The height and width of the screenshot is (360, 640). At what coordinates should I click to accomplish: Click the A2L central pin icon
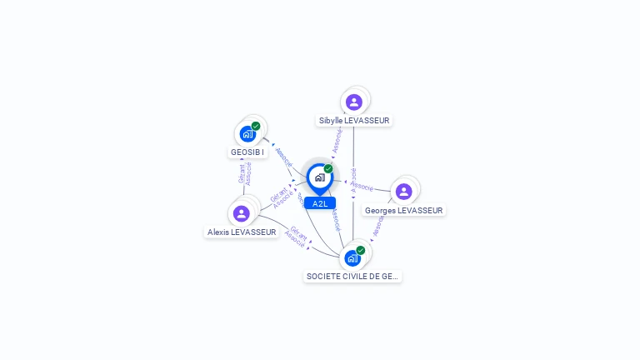click(319, 177)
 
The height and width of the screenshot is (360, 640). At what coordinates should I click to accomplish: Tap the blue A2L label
click(320, 203)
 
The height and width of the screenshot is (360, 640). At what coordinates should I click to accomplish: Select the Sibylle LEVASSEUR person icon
click(354, 102)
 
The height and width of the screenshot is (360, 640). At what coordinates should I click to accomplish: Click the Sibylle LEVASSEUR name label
click(354, 121)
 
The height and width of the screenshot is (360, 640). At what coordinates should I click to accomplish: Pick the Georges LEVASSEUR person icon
click(404, 192)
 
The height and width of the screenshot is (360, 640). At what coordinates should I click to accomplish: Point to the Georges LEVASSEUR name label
click(404, 211)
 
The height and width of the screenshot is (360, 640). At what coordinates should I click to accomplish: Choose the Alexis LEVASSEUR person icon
click(242, 213)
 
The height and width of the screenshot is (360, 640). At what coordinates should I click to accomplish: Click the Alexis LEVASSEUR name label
click(242, 232)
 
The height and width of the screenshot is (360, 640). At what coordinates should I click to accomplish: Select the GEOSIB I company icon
click(247, 133)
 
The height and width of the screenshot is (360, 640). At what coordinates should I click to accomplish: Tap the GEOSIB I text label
click(247, 152)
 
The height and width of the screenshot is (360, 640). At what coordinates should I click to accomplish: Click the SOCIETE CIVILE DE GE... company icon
click(352, 257)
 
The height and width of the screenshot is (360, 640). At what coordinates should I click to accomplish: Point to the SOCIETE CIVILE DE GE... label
click(352, 276)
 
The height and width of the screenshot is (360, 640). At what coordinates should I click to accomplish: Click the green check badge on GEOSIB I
click(256, 126)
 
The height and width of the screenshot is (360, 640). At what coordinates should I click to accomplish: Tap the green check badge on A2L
click(328, 168)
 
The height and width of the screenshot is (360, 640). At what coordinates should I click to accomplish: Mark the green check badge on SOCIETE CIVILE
click(361, 250)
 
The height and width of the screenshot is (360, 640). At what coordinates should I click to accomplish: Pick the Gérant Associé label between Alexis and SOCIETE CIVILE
click(297, 237)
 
